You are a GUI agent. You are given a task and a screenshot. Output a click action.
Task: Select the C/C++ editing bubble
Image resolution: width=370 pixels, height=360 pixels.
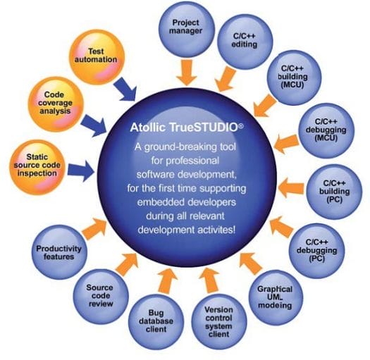pyautogui.click(x=245, y=42)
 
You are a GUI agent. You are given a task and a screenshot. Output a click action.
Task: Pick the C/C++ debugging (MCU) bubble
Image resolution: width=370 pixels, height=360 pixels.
pyautogui.click(x=326, y=130)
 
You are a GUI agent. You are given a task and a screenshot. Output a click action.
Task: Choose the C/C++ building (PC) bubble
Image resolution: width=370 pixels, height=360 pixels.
pyautogui.click(x=334, y=192)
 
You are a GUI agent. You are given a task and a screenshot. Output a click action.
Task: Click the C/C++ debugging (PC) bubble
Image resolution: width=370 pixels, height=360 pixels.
pyautogui.click(x=317, y=251)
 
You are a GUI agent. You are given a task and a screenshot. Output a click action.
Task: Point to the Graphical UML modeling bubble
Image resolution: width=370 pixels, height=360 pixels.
pyautogui.click(x=275, y=297)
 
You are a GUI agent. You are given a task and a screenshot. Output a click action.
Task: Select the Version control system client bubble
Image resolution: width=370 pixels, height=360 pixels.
pyautogui.click(x=219, y=321)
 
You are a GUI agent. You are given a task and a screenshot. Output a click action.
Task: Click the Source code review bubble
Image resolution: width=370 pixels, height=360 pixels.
pyautogui.click(x=101, y=297)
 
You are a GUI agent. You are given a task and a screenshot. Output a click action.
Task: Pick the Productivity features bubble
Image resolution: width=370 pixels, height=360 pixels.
pyautogui.click(x=59, y=252)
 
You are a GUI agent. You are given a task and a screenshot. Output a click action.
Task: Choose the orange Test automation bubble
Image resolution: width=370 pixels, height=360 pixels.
pyautogui.click(x=97, y=57)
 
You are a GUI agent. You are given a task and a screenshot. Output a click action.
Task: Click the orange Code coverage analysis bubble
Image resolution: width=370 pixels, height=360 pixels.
pyautogui.click(x=56, y=104)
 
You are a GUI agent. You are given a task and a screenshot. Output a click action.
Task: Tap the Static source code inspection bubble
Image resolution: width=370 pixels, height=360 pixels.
pyautogui.click(x=37, y=167)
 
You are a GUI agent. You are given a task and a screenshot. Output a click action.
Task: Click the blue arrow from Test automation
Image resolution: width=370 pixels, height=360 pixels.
pyautogui.click(x=125, y=89)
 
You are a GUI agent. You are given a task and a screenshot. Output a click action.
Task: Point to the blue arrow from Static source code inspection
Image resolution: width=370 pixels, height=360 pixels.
pyautogui.click(x=81, y=170)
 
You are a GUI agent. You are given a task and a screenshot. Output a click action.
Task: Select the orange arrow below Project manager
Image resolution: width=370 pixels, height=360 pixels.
pyautogui.click(x=187, y=73)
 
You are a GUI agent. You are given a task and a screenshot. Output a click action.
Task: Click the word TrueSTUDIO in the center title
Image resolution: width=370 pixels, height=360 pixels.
pyautogui.click(x=206, y=128)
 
